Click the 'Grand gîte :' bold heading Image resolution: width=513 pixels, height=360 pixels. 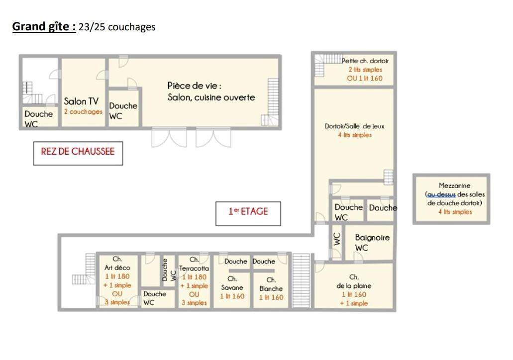coord(44,26)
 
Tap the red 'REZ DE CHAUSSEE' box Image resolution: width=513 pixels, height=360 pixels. coord(78,153)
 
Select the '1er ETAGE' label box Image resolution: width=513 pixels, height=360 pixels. coord(248,213)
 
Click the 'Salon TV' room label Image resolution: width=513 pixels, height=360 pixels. coord(81,101)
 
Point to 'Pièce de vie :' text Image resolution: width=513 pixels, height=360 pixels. coord(195,86)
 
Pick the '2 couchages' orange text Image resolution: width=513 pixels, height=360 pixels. coord(83,111)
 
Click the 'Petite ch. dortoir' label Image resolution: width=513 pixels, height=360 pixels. coord(365,61)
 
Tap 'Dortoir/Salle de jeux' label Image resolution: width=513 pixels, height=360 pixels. coord(354,126)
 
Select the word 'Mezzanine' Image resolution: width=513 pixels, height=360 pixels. coord(454,185)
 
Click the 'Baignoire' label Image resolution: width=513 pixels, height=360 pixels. coord(372,237)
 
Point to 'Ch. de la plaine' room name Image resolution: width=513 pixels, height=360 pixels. coord(354,281)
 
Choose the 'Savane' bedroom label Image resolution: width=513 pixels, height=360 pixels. coord(232,287)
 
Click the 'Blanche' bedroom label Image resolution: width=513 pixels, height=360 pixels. coord(271,288)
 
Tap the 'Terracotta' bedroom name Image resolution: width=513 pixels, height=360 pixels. coord(194,268)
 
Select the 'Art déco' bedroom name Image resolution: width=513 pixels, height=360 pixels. coord(117,268)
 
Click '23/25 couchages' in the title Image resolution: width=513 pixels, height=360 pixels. coord(117,27)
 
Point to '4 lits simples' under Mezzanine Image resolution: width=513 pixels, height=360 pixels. coord(455,211)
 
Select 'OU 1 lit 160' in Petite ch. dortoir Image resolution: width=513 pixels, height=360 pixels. coord(364,78)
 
